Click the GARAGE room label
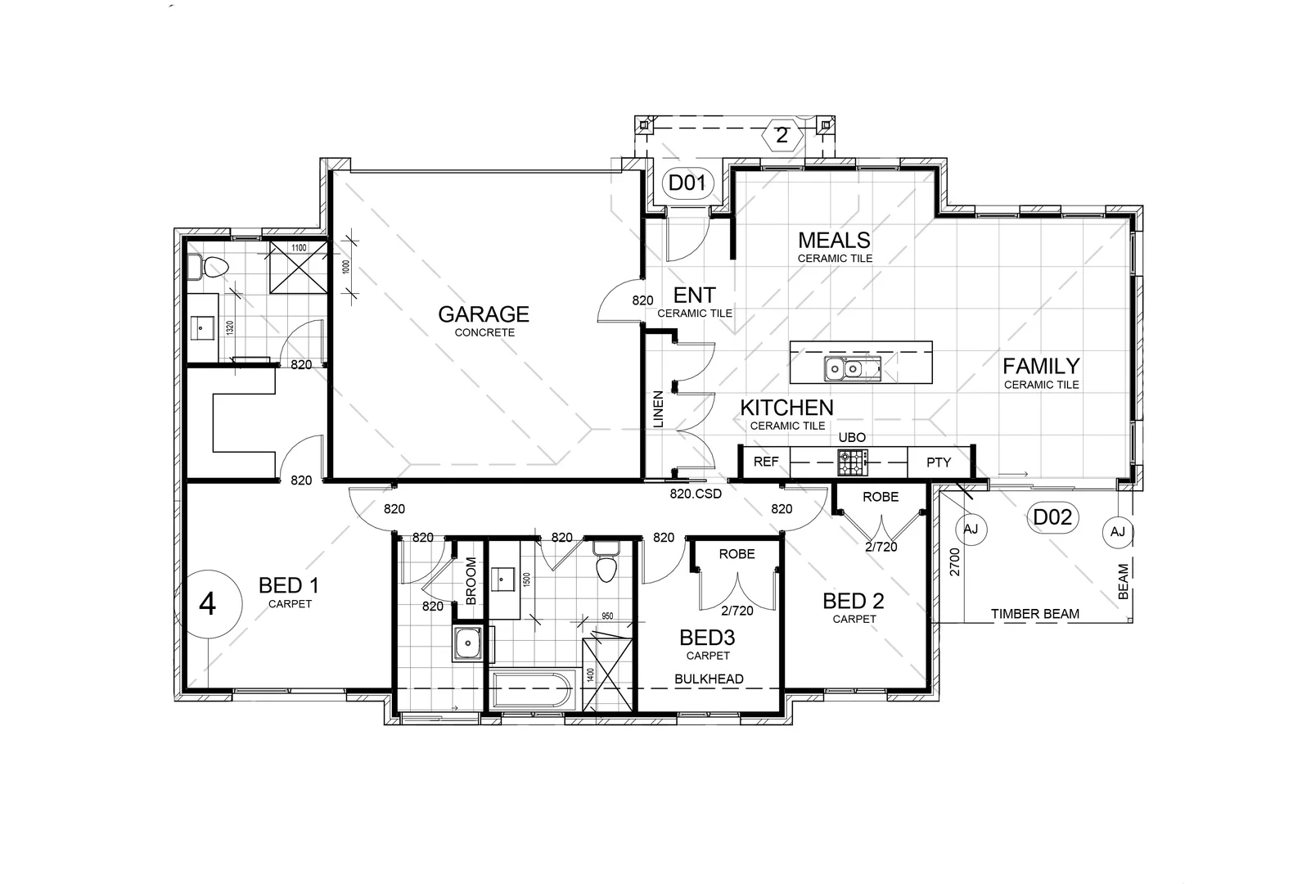(483, 314)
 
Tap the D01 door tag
(687, 183)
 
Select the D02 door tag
(1052, 517)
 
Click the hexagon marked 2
(782, 135)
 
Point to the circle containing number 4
(208, 605)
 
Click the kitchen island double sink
(844, 369)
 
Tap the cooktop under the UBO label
(852, 463)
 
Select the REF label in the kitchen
(766, 462)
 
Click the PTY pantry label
(939, 462)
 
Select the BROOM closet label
(471, 581)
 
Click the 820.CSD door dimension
(696, 494)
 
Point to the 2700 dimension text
(954, 563)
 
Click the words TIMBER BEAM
(1034, 614)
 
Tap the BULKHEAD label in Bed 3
(709, 679)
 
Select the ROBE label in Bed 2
(881, 497)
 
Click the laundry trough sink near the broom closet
(468, 643)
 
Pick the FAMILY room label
(1041, 366)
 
